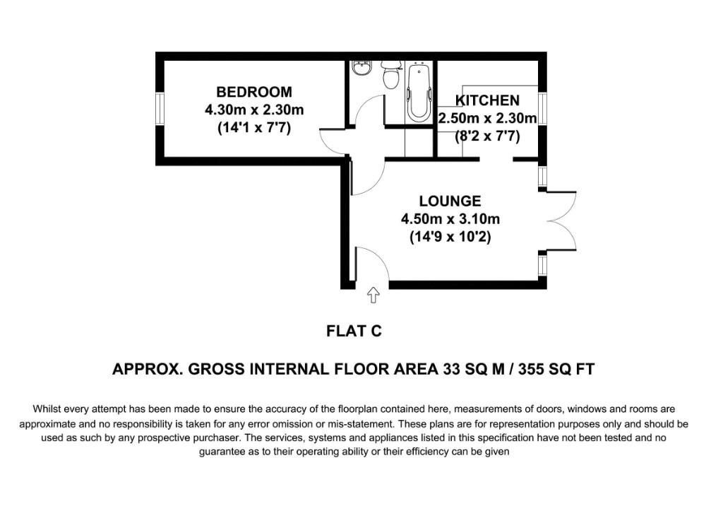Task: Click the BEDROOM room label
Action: [253, 92]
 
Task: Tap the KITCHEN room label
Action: [487, 100]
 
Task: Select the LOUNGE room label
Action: [450, 201]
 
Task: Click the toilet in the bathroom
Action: [390, 75]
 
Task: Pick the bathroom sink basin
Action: [361, 69]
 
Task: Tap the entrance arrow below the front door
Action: [374, 295]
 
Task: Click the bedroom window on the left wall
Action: [160, 110]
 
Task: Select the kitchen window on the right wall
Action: [542, 107]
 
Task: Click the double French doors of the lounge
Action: [561, 221]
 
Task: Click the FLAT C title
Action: [354, 330]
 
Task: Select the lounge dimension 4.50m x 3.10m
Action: [450, 219]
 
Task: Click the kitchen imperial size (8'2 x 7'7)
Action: [487, 136]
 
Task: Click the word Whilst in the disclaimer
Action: [48, 409]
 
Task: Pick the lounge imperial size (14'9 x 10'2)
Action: [450, 237]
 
